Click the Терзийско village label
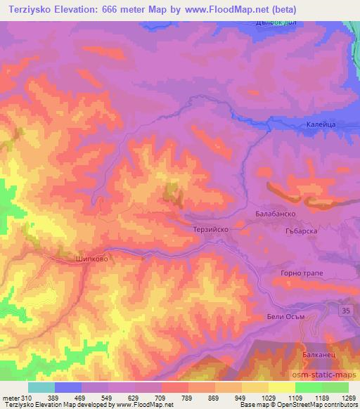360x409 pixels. [x=212, y=229]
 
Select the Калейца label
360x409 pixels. [x=322, y=124]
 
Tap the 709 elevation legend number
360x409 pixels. [x=160, y=397]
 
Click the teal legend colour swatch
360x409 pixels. [x=41, y=387]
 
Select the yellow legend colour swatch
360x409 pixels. [x=282, y=387]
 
